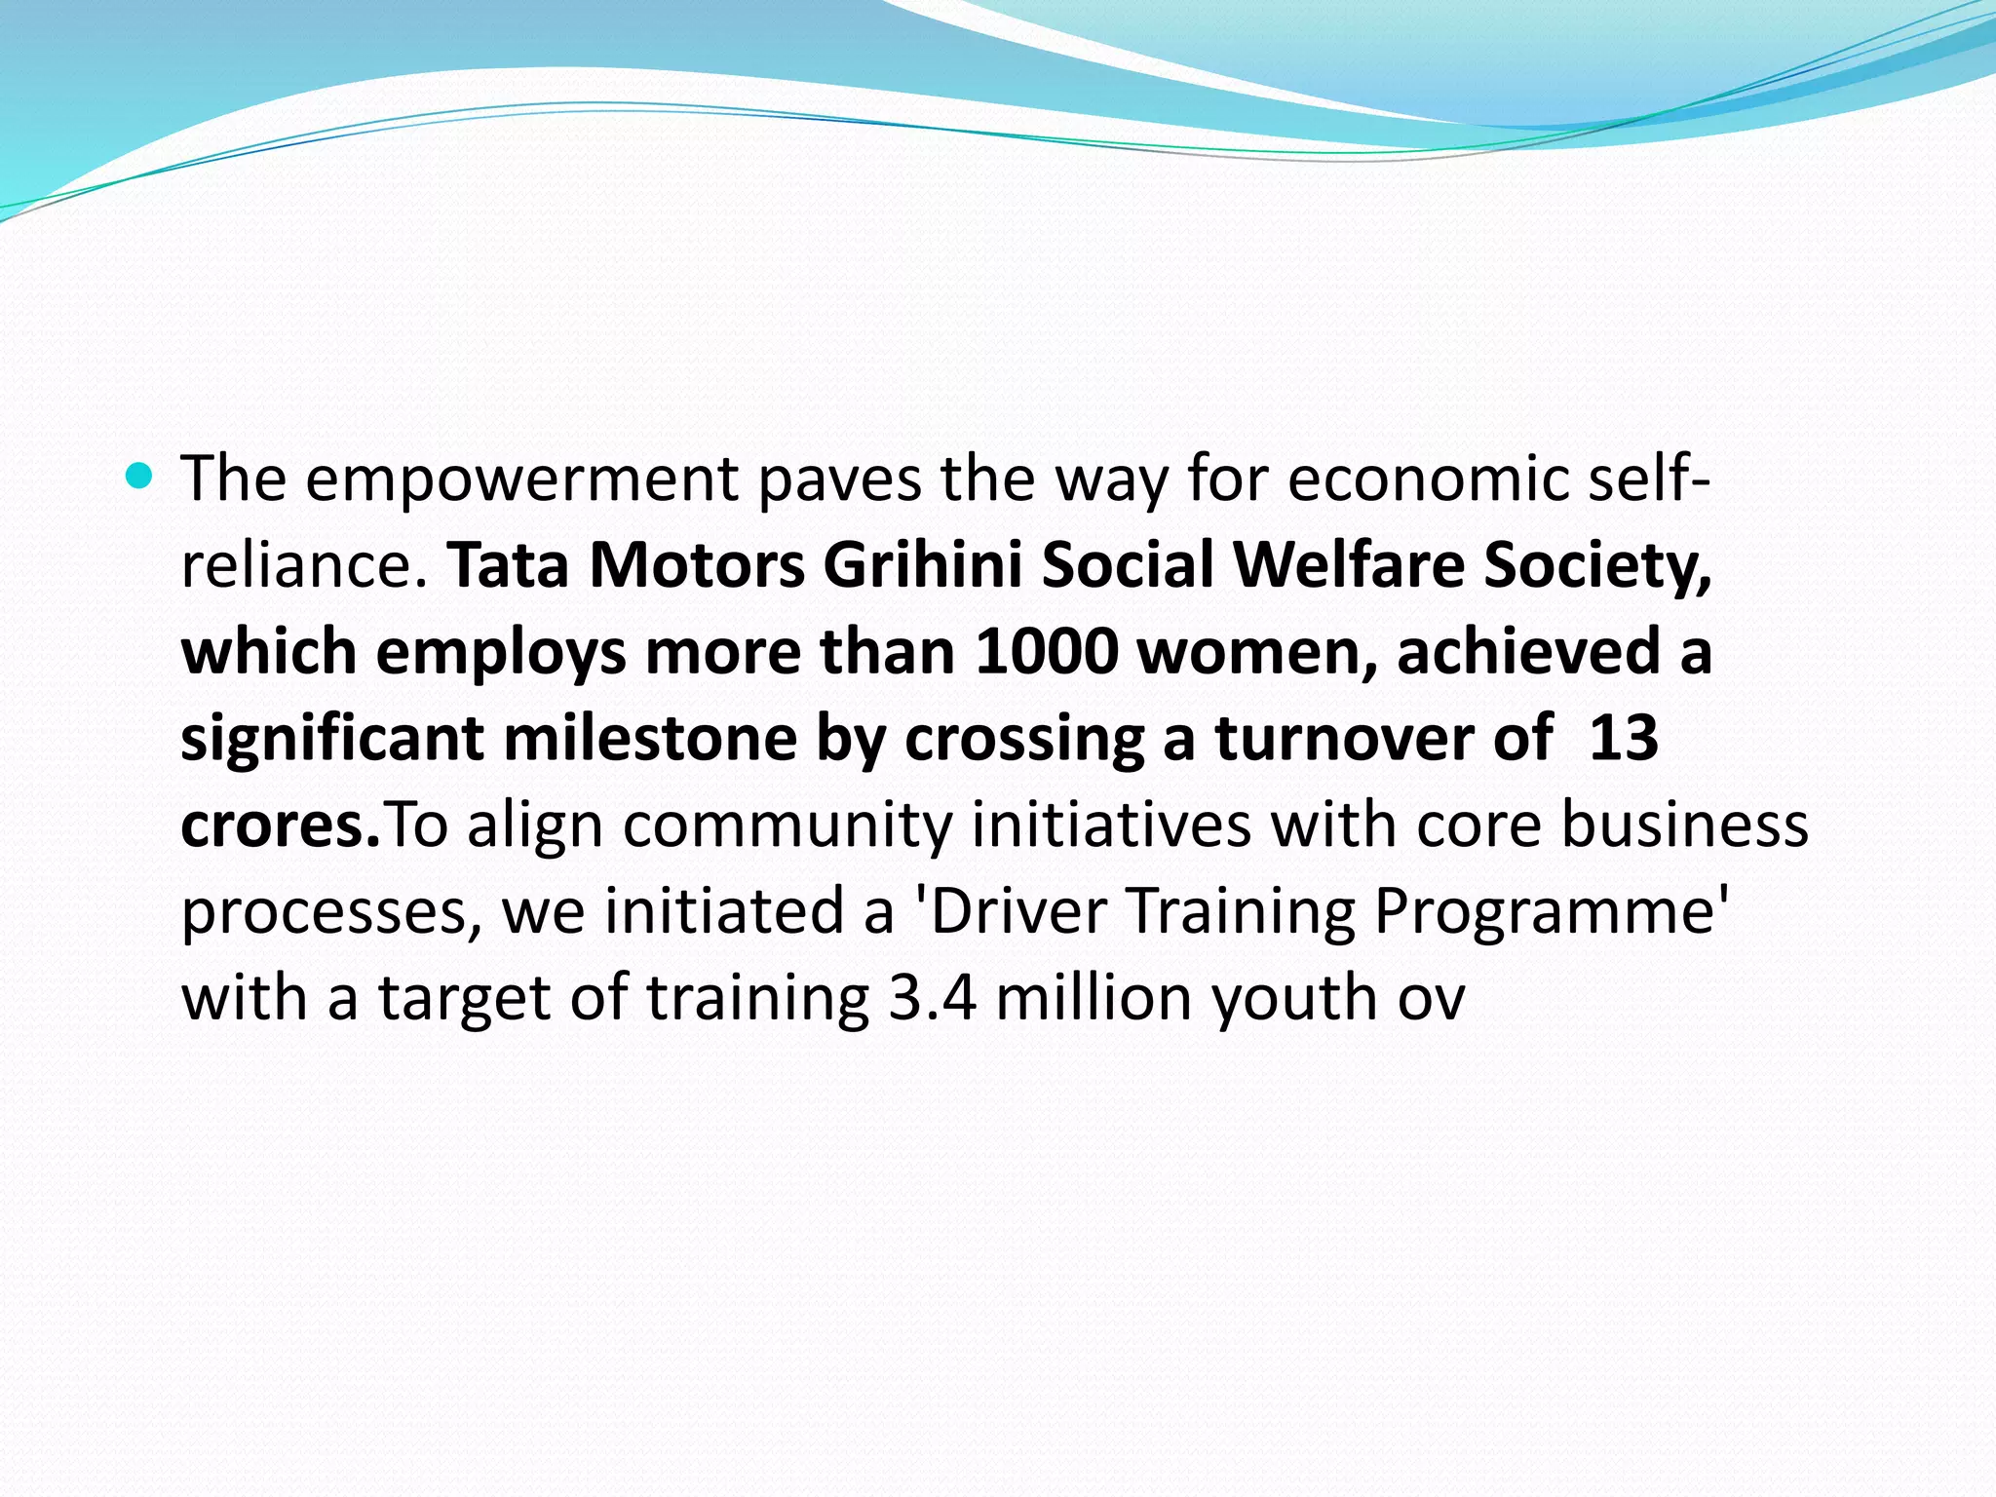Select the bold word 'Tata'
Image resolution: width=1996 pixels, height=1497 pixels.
coord(508,565)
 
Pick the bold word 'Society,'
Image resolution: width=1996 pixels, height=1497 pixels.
coord(1597,565)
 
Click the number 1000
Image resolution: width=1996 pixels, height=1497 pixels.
coord(1047,651)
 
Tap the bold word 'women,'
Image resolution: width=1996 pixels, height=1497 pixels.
coord(1258,651)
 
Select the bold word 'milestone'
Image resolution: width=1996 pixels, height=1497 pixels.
coord(650,738)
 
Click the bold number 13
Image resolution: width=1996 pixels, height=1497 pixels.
coord(1623,738)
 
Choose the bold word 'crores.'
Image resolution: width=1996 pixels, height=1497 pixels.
coord(281,825)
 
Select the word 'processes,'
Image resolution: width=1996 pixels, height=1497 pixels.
coord(331,911)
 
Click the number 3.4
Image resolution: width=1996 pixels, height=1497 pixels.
coord(933,997)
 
